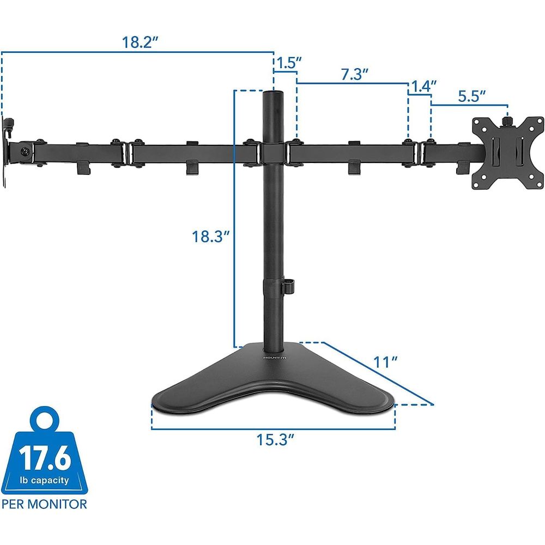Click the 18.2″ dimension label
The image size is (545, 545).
(141, 43)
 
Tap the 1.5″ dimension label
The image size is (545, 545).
(288, 63)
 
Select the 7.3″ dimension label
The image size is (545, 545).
(354, 74)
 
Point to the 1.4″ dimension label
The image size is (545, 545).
(423, 86)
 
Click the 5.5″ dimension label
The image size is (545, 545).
(471, 96)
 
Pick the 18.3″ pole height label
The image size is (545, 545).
(210, 237)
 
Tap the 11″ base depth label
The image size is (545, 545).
(385, 362)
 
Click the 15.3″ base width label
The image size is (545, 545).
(275, 439)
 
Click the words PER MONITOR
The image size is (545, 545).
(44, 504)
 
